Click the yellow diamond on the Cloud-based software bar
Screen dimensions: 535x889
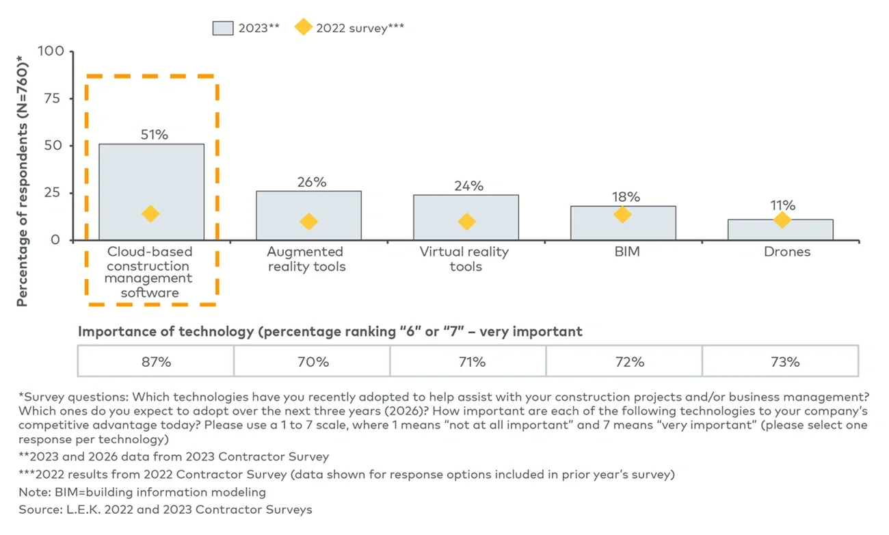[x=151, y=214]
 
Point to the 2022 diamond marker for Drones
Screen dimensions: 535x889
[x=782, y=220]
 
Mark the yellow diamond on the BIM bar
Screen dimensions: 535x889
[x=622, y=215]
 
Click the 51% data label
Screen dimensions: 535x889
[x=155, y=135]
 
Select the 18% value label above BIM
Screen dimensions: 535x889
[x=626, y=197]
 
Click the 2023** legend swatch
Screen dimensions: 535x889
[x=223, y=28]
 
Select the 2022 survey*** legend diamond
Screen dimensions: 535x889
[x=303, y=28]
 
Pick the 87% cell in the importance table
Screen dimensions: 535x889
[x=156, y=361]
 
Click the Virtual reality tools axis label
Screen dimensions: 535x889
[x=465, y=259]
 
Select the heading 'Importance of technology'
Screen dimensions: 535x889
[x=330, y=332]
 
